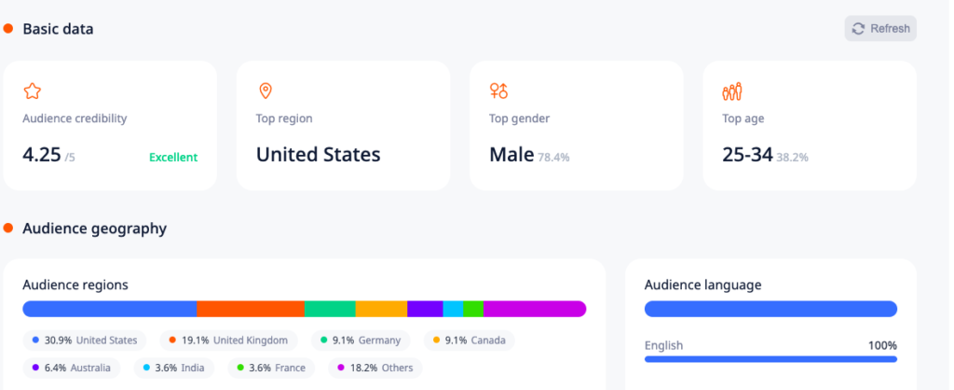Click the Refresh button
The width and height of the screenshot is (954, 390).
coord(880,29)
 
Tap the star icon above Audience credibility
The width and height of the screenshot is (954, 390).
coord(33,91)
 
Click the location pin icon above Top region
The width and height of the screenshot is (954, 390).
coord(266,91)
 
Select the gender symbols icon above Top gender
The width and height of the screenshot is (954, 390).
coord(499,91)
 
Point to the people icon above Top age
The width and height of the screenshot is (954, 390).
coord(732,91)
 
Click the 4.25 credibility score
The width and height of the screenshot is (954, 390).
coord(41,155)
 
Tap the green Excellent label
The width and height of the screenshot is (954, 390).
coord(173,158)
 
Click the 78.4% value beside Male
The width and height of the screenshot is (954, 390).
coord(553,158)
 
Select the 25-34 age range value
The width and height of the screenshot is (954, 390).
coord(747,155)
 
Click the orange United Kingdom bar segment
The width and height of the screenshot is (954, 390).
coord(251,309)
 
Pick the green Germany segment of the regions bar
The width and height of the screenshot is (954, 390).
coord(331,309)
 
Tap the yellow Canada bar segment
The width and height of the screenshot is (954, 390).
coord(381,309)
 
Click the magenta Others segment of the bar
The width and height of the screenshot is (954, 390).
coord(535,309)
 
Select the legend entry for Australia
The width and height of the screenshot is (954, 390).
coord(71,368)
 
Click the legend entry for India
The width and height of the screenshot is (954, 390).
coord(173,368)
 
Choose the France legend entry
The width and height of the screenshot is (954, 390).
coord(271,368)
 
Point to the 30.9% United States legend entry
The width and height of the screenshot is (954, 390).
coord(85,340)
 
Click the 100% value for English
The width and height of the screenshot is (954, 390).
coord(882,345)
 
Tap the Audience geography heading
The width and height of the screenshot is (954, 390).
coord(94,229)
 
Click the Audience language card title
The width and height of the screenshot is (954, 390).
coord(702,286)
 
